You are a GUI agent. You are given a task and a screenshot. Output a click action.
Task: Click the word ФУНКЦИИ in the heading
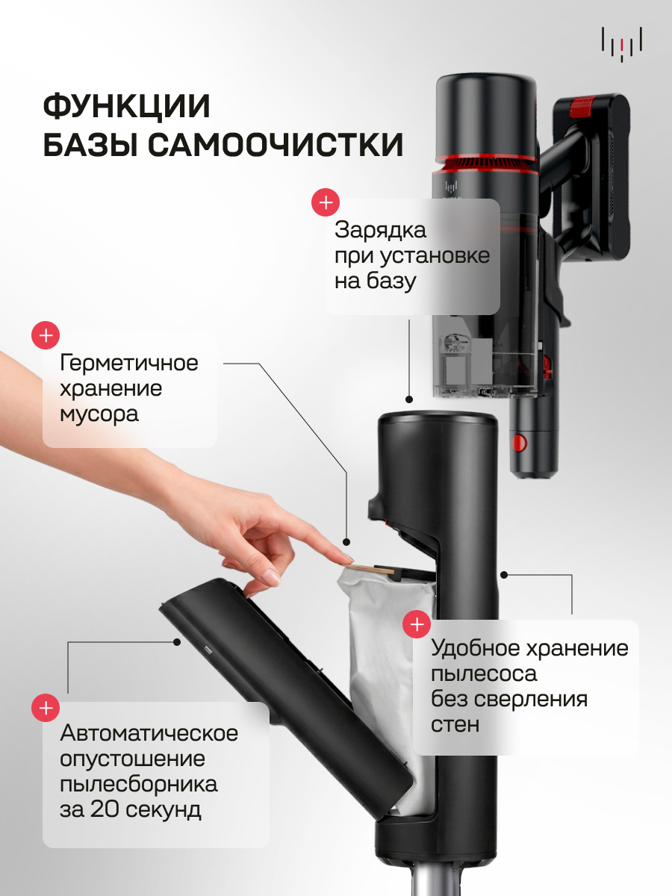click(126, 107)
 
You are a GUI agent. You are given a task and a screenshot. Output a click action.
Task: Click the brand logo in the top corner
click(622, 45)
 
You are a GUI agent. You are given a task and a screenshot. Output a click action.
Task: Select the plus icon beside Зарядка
click(326, 202)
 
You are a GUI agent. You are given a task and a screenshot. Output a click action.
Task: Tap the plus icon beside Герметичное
click(46, 335)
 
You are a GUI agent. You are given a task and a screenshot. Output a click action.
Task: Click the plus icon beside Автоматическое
click(46, 708)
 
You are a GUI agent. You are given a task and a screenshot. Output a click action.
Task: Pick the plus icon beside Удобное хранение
click(417, 624)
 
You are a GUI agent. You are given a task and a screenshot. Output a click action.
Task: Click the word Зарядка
click(380, 231)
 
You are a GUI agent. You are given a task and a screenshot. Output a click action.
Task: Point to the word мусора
click(99, 414)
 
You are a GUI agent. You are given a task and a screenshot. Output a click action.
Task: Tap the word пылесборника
click(139, 785)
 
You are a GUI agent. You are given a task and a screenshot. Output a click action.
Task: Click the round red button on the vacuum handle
click(520, 443)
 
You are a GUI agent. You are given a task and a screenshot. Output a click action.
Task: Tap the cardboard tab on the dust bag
click(371, 569)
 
